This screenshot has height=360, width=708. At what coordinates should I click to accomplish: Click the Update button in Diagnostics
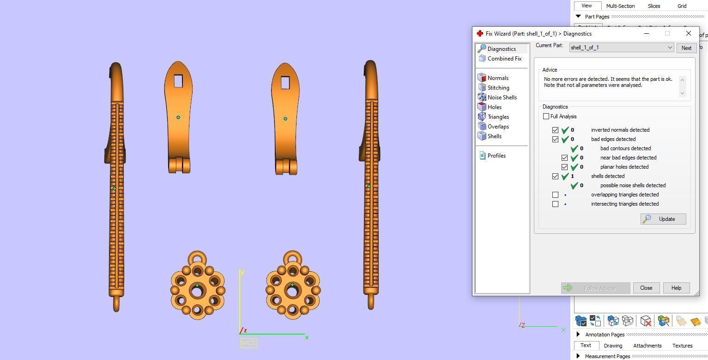[x=663, y=219]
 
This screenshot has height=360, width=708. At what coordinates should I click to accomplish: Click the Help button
[x=676, y=288]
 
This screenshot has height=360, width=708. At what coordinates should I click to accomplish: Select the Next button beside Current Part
[x=686, y=48]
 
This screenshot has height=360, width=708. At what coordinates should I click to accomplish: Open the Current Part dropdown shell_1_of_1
[x=621, y=48]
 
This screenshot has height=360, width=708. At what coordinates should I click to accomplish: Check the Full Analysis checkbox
[x=546, y=116]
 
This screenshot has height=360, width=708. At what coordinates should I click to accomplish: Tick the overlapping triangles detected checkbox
[x=555, y=195]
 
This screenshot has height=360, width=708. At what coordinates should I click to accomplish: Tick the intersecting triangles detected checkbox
[x=555, y=204]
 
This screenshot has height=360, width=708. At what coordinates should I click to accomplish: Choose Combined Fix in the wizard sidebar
[x=504, y=59]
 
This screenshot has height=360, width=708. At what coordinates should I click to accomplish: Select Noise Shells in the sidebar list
[x=502, y=98]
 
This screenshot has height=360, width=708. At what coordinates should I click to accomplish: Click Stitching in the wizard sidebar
[x=498, y=88]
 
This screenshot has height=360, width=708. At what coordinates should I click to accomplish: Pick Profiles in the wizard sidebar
[x=496, y=156]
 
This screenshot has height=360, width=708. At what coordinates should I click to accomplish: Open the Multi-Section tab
[x=620, y=6]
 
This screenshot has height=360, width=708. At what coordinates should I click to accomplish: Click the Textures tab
[x=682, y=346]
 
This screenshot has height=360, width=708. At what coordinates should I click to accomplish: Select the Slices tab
[x=654, y=6]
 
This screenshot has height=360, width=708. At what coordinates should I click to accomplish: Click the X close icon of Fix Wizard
[x=688, y=33]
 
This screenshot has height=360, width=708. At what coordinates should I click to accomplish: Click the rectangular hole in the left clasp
[x=178, y=81]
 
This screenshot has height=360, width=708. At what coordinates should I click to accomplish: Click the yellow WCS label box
[x=248, y=343]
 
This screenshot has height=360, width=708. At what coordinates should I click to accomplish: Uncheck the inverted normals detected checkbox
[x=555, y=130]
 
